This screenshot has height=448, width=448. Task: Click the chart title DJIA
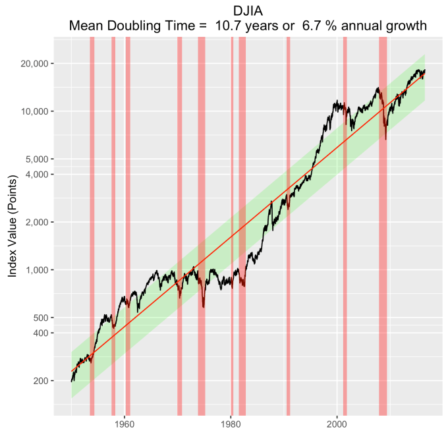pyautogui.click(x=249, y=11)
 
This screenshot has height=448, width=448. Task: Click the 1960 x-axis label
pyautogui.click(x=125, y=426)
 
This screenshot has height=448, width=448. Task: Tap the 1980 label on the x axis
pyautogui.click(x=231, y=426)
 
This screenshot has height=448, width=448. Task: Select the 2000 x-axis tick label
pyautogui.click(x=337, y=426)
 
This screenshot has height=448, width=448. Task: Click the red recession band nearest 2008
pyautogui.click(x=383, y=198)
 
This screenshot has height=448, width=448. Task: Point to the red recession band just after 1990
pyautogui.click(x=288, y=198)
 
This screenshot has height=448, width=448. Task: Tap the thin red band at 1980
pyautogui.click(x=232, y=198)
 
